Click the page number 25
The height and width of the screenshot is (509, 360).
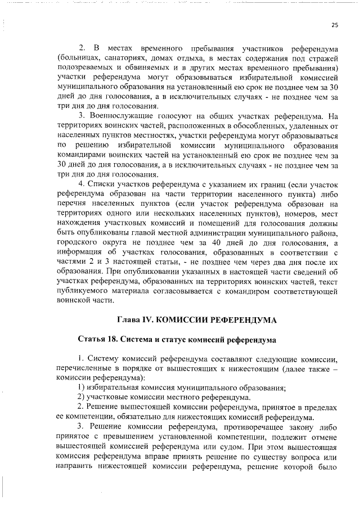coord(335,25)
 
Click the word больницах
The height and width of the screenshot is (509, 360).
coord(80,58)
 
